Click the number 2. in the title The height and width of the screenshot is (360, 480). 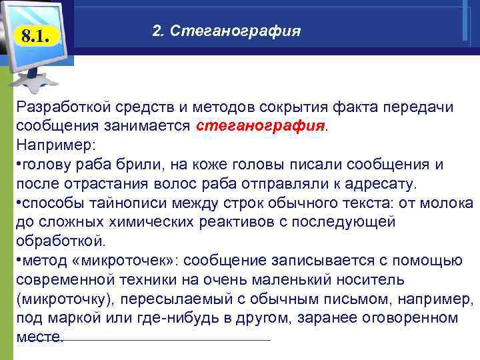(157, 31)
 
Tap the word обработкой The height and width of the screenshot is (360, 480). (60, 241)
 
